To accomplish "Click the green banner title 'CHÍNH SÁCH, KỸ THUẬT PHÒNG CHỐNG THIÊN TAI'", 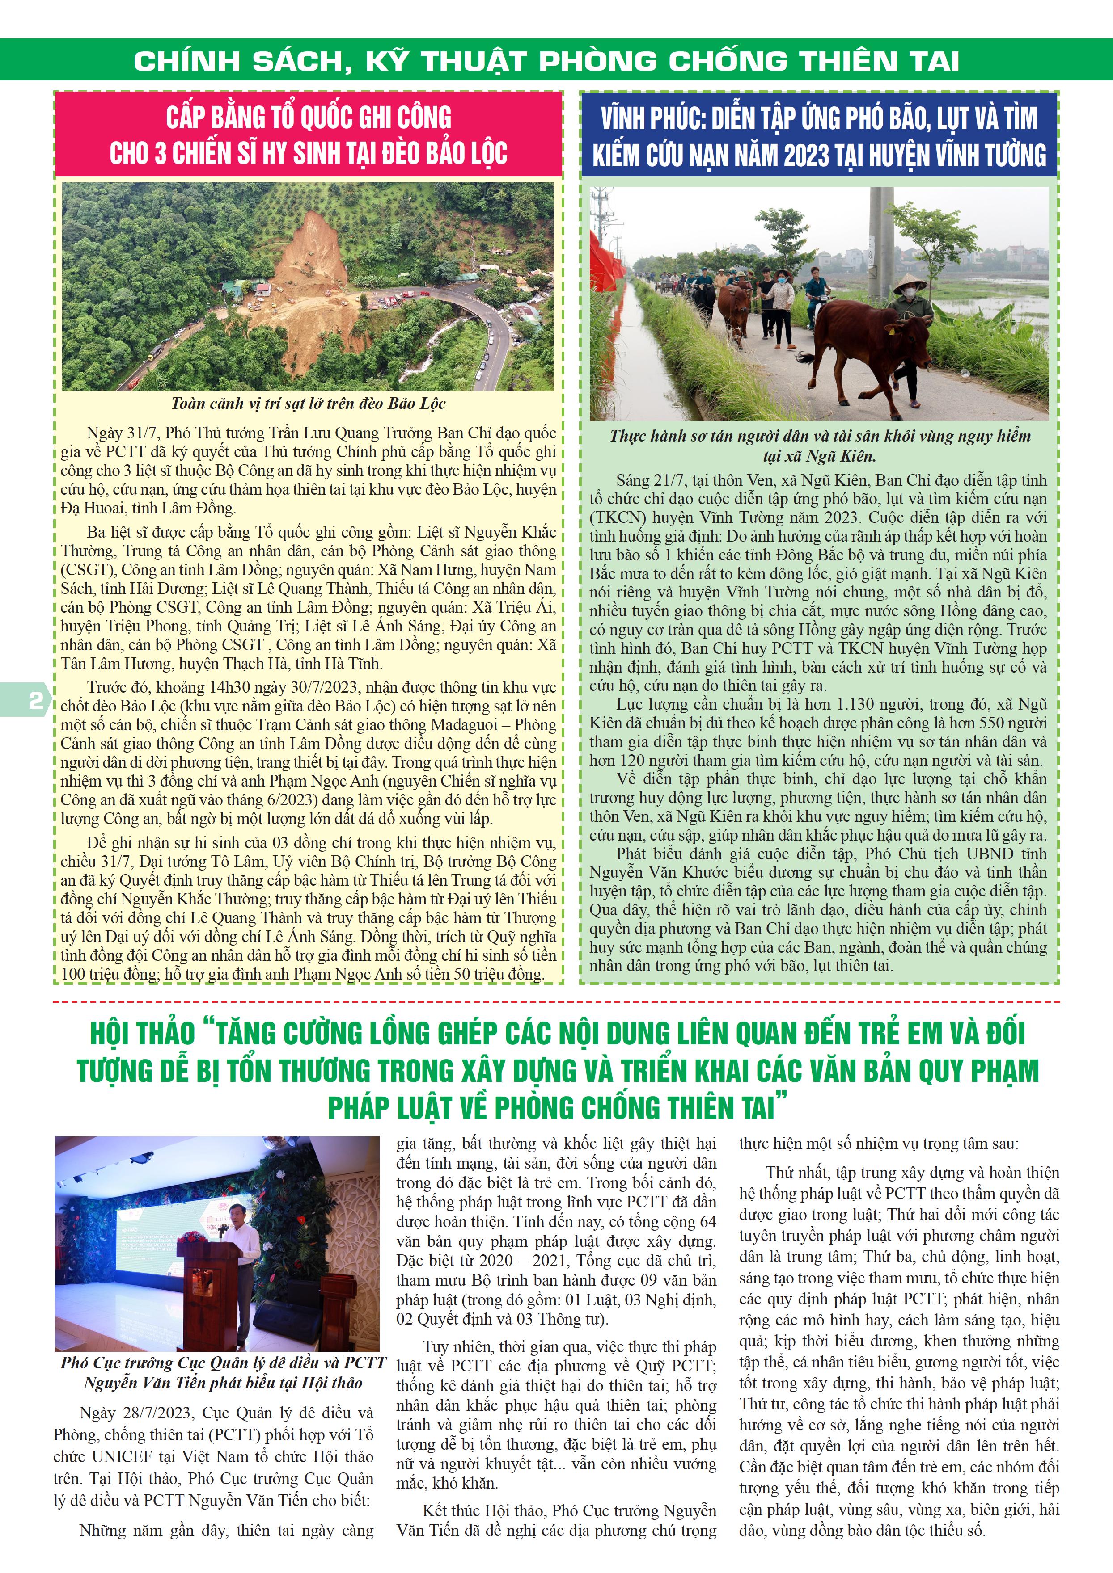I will pyautogui.click(x=546, y=62).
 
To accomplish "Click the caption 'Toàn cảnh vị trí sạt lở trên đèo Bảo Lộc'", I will pyautogui.click(x=309, y=404).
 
